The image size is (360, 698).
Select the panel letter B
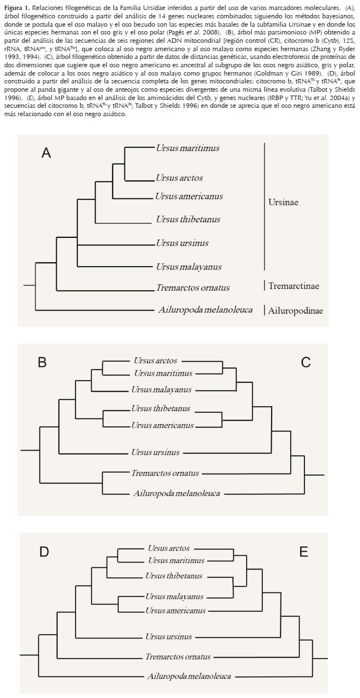(x=42, y=363)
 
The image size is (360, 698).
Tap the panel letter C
(x=305, y=363)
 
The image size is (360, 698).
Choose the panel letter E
(x=303, y=551)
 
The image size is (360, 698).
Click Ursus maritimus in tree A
(x=187, y=148)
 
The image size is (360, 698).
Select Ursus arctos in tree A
(x=179, y=178)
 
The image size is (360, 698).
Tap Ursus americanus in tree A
(x=189, y=196)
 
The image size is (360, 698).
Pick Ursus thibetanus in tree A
(x=188, y=219)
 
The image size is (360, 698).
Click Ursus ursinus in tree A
(x=182, y=243)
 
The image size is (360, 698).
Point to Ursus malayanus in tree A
(x=188, y=267)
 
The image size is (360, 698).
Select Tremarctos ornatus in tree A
(x=192, y=287)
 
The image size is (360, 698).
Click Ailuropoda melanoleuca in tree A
(x=206, y=310)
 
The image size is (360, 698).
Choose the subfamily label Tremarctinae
(x=293, y=286)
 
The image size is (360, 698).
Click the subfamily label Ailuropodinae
(x=295, y=310)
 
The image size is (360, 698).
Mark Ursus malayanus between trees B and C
(x=161, y=390)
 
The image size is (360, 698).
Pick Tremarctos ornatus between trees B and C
(x=165, y=473)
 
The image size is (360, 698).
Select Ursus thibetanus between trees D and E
(x=174, y=576)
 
